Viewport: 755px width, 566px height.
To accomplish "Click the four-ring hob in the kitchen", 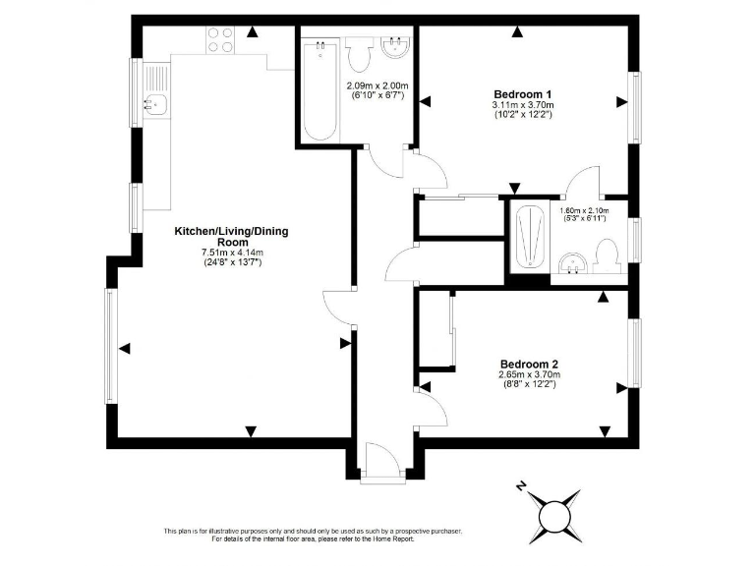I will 220,39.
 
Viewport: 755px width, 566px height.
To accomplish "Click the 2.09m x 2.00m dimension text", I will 377,85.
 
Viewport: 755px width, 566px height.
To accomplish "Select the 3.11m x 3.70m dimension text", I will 523,105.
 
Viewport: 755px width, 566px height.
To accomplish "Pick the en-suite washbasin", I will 572,262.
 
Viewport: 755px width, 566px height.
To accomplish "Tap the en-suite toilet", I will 607,257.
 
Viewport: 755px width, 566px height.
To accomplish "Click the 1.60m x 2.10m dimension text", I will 584,210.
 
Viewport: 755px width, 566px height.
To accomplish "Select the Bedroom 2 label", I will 529,363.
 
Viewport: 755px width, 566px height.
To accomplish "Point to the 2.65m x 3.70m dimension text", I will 529,374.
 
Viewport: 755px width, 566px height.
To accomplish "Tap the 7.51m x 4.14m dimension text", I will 232,253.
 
